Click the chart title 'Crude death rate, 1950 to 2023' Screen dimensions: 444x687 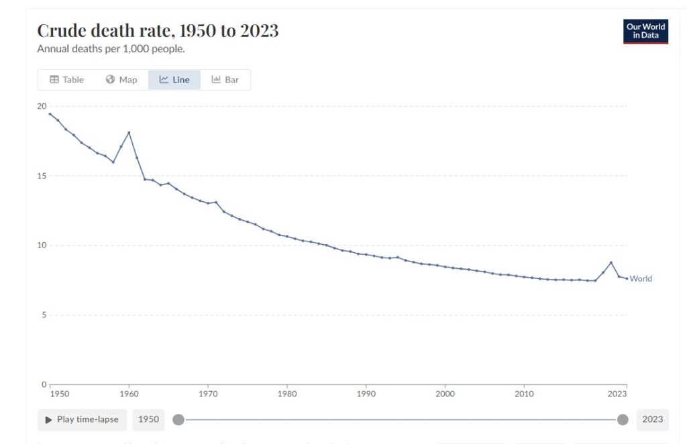point(158,30)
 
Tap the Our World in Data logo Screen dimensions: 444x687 point(645,32)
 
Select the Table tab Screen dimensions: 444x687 point(66,80)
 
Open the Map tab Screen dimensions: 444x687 point(121,80)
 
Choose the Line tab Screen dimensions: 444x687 point(174,80)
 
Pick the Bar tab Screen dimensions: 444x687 point(225,80)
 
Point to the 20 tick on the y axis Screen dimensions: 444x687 point(42,106)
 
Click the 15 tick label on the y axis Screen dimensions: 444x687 point(42,176)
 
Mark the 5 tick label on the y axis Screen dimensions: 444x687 point(44,315)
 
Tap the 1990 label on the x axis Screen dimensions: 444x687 point(366,394)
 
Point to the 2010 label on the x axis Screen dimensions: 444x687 point(524,394)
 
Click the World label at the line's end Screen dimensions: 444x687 point(641,279)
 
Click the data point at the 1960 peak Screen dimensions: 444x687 point(129,132)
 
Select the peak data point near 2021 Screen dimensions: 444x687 point(611,262)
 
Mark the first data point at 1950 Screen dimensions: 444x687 point(50,114)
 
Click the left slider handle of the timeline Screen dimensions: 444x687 point(178,420)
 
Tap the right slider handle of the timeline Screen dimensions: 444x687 point(623,420)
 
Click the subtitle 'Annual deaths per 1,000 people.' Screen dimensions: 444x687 point(111,49)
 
